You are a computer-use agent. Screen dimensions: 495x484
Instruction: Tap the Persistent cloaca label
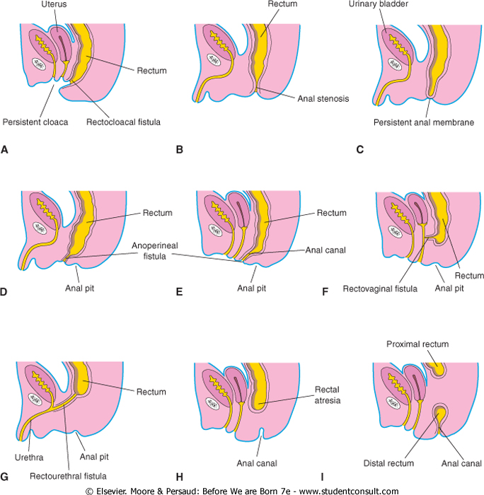[x=35, y=122]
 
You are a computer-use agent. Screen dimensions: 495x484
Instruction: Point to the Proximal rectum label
[x=417, y=344]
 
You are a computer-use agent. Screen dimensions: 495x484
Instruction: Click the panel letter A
[x=5, y=150]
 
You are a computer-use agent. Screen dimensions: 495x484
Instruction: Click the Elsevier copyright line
[x=241, y=489]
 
